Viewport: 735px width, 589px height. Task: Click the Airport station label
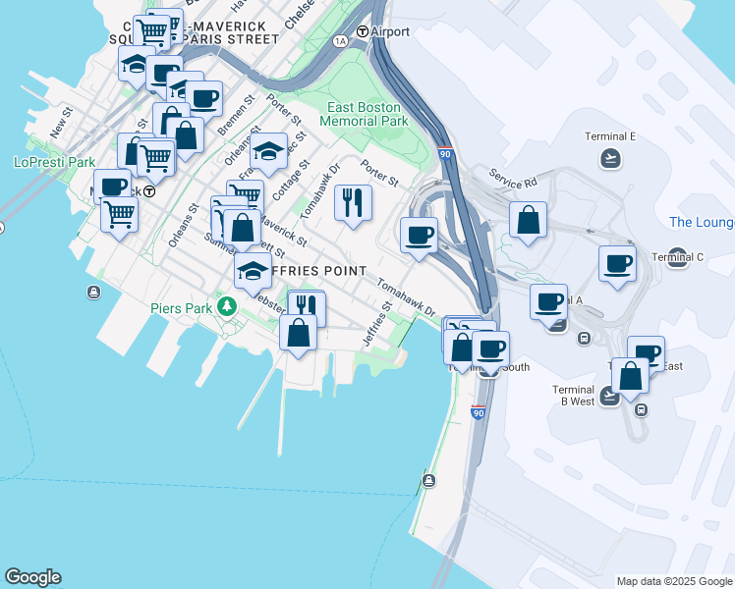[x=390, y=31]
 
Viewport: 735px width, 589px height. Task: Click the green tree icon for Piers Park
[x=228, y=307]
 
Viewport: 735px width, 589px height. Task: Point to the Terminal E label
[x=610, y=136]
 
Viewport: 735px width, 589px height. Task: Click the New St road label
[x=61, y=125]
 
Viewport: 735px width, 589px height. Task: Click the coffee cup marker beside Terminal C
[x=617, y=263]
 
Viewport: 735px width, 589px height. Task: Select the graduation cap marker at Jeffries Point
[x=253, y=270]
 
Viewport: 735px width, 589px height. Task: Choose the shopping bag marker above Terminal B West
[x=629, y=375]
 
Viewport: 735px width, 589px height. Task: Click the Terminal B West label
[x=574, y=395]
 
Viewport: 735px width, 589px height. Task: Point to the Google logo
[x=32, y=577]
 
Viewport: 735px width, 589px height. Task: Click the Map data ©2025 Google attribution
[x=674, y=581]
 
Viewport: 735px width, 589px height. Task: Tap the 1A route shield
[x=341, y=40]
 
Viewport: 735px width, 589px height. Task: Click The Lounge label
[x=702, y=223]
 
